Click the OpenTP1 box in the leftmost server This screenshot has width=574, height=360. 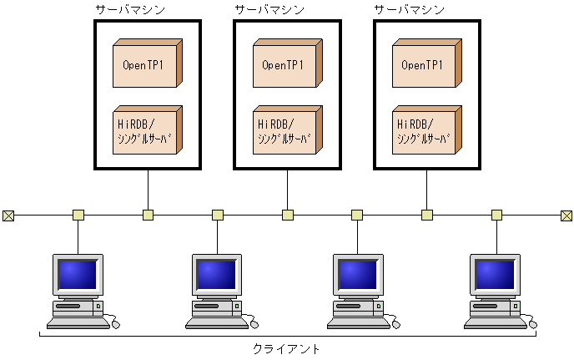(x=145, y=64)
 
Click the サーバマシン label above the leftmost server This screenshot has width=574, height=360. (x=130, y=9)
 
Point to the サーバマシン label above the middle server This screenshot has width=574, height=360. (x=269, y=9)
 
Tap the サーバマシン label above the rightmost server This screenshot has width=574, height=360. (x=409, y=9)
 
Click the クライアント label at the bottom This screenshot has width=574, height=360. (x=286, y=348)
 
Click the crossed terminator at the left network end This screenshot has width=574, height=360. (x=8, y=215)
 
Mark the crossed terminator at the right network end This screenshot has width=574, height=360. (x=566, y=215)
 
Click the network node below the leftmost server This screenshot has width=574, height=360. (x=148, y=215)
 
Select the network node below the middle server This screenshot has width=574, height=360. (x=288, y=215)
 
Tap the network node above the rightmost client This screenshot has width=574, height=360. (x=496, y=215)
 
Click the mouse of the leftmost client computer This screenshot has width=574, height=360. (x=113, y=322)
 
